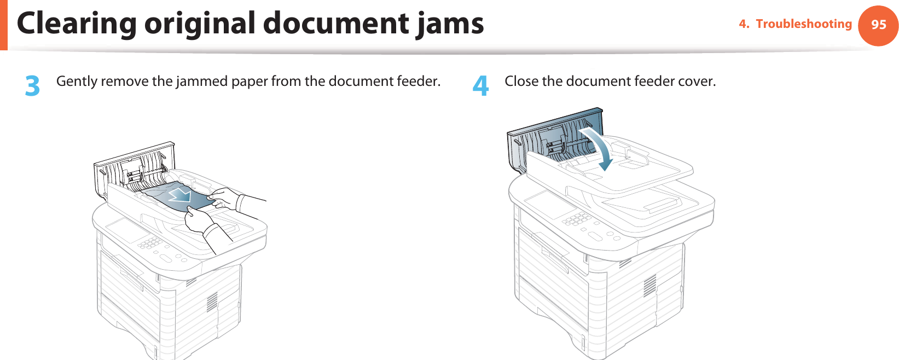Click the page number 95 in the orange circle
click(x=878, y=25)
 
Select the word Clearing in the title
click(x=77, y=24)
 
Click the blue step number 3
click(x=33, y=86)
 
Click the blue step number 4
click(x=480, y=86)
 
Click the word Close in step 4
click(x=521, y=82)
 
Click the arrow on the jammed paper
click(x=179, y=194)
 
